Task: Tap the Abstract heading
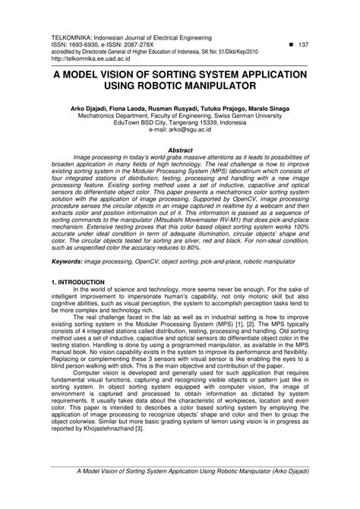coord(180,151)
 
